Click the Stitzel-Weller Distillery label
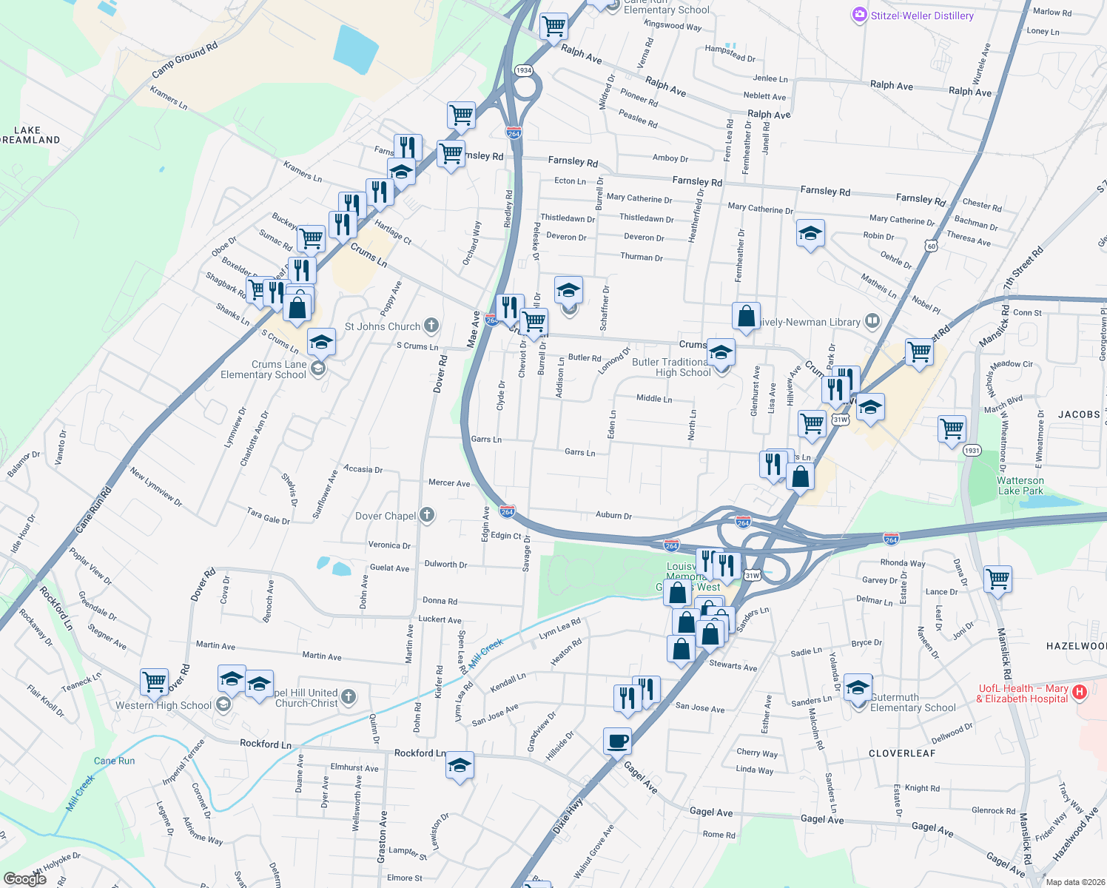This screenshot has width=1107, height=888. (x=921, y=16)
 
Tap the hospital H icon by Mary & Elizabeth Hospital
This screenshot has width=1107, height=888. (x=1080, y=693)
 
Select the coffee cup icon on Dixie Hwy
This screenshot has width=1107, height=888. (x=617, y=741)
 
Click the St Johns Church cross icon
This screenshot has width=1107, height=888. (x=431, y=326)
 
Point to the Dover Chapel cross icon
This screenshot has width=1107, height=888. (x=427, y=515)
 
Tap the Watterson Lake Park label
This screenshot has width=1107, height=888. (x=1020, y=485)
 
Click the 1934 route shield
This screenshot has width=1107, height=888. (x=524, y=70)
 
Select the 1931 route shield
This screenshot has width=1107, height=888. (x=972, y=451)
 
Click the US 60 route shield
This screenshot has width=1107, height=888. (x=931, y=246)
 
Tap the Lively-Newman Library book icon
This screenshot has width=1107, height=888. (x=872, y=321)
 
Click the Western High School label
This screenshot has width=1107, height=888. (x=163, y=705)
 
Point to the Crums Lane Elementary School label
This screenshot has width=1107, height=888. (x=263, y=369)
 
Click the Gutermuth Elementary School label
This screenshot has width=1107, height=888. (x=912, y=702)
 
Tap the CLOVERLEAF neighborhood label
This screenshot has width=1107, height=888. (x=902, y=753)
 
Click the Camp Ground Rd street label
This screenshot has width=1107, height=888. (x=184, y=61)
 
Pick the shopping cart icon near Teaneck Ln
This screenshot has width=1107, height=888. (x=154, y=682)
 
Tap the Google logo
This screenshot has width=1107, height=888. (x=24, y=879)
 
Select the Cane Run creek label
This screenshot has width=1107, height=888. (x=114, y=761)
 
